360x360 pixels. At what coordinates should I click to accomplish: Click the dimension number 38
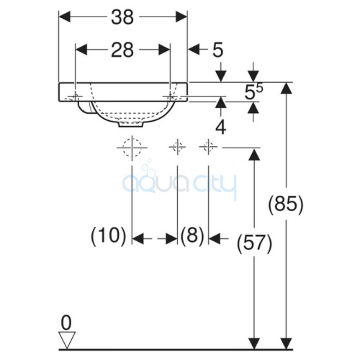[x=122, y=17]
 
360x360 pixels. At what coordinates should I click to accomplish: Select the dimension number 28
[x=122, y=50]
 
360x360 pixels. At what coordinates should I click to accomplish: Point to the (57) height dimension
[x=254, y=244]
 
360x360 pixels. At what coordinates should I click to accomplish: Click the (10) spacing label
[x=109, y=235]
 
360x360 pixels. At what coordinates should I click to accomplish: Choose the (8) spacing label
[x=192, y=235]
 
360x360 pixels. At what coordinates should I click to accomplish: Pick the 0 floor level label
[x=66, y=323]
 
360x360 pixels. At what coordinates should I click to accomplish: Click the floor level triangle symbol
[x=67, y=340]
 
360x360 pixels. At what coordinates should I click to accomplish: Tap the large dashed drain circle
[x=132, y=148]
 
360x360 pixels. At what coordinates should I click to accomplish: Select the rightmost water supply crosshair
[x=208, y=146]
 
